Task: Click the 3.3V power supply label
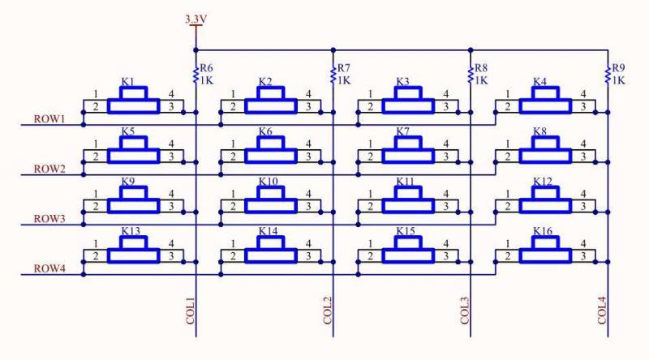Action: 196,19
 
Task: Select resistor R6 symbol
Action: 196,75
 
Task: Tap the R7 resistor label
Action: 343,68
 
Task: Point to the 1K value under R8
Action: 481,80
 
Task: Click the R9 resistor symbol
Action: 608,75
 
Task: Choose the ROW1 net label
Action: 49,119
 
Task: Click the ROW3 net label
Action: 49,219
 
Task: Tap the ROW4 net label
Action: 49,268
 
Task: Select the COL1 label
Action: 190,311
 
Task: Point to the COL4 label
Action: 602,311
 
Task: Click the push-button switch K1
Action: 133,100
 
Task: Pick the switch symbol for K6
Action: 271,150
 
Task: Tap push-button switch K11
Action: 408,199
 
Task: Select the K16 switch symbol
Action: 545,250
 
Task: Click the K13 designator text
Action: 131,231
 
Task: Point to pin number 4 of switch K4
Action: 583,94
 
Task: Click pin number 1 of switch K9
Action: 96,194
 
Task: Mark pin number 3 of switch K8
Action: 583,156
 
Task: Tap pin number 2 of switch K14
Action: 233,256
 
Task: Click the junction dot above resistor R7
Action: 333,50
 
